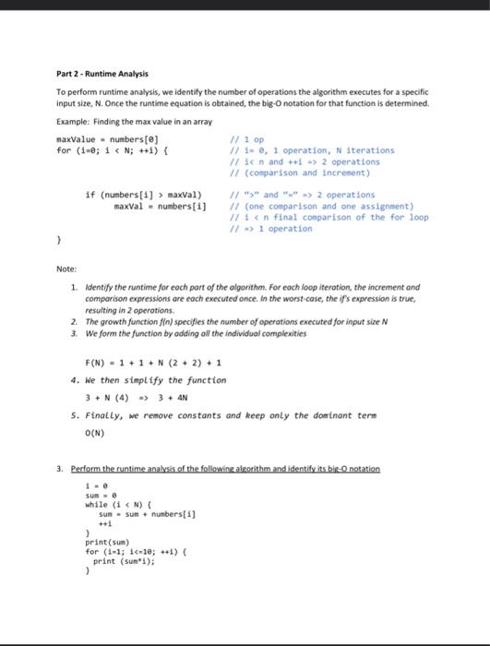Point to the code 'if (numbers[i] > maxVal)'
point(143,195)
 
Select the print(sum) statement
point(106,544)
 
